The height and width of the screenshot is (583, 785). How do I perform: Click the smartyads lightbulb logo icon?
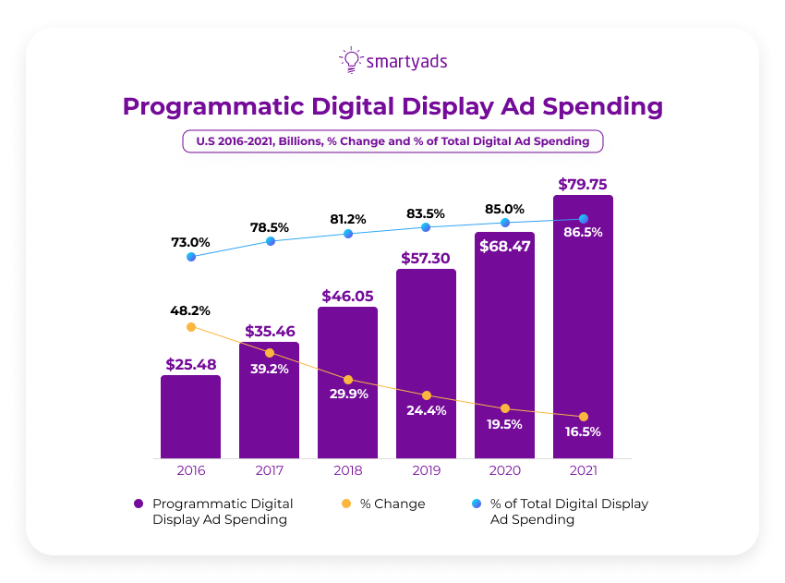(350, 61)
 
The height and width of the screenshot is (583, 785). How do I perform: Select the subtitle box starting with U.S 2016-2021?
(392, 141)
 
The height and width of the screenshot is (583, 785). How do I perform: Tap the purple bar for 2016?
(190, 417)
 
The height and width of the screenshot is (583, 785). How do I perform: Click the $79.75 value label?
(583, 184)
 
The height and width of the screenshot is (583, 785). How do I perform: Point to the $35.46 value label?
(269, 331)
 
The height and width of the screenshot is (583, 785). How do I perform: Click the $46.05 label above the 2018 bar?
(347, 296)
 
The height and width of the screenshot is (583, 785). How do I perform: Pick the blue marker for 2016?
(191, 257)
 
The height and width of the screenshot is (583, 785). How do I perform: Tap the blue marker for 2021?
(583, 219)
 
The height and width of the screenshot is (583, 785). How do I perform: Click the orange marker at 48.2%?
(191, 327)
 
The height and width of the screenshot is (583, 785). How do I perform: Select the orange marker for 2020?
(504, 408)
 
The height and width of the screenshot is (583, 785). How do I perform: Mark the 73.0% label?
(190, 242)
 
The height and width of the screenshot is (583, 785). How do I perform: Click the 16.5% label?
(583, 431)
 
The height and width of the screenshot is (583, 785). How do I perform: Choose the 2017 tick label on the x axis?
(269, 471)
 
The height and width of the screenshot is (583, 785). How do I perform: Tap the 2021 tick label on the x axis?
(583, 471)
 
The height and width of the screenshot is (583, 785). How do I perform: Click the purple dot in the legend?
(139, 504)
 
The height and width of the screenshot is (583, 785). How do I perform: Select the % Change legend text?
(392, 504)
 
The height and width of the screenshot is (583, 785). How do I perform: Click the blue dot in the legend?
(476, 504)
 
